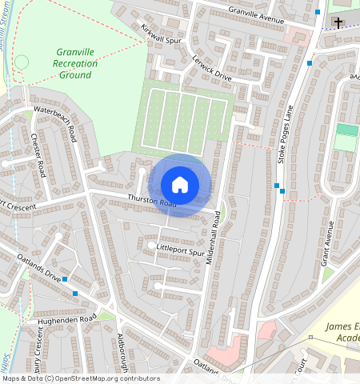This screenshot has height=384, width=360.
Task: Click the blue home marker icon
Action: [x=180, y=185]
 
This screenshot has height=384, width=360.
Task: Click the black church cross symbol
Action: [x=338, y=22]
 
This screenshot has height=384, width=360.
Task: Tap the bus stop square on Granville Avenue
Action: [x=318, y=12]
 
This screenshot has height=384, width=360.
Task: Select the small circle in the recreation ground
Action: [x=22, y=62]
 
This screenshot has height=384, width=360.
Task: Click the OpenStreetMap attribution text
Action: [x=80, y=378]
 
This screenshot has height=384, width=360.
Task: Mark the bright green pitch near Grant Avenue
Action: [x=346, y=130]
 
